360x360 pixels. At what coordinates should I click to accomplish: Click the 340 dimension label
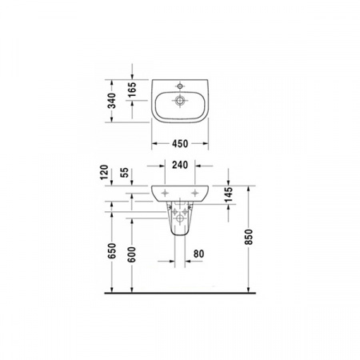point(113,101)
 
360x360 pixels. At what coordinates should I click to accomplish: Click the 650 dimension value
point(113,251)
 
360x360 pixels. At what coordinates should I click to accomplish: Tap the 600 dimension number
point(132,251)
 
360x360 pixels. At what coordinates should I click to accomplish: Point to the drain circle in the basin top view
point(180,101)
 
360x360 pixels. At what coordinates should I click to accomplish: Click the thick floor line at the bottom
point(180,292)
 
